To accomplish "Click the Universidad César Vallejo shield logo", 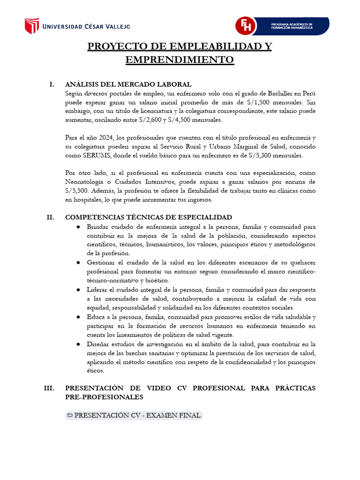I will click(x=32, y=26).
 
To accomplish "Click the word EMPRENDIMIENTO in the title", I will click(x=180, y=60).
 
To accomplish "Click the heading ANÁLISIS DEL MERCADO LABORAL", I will click(x=128, y=84).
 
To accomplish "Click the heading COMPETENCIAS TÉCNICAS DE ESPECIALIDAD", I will click(x=149, y=217).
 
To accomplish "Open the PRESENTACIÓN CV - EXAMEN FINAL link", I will click(x=134, y=415).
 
